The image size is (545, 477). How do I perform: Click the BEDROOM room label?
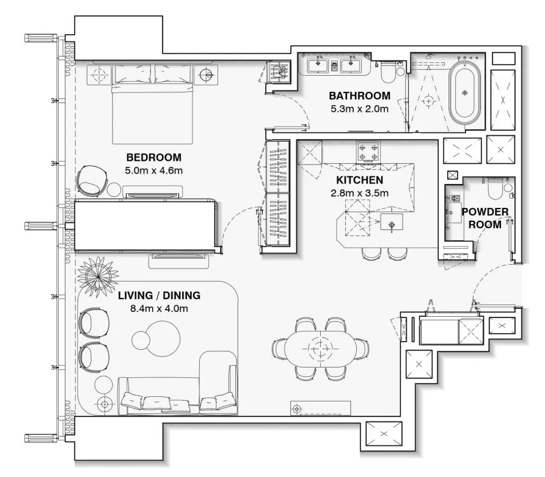coord(154,156)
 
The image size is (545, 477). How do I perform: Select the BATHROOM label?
coord(359,95)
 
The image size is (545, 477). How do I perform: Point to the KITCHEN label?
coord(359,180)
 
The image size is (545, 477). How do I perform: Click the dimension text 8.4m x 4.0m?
coord(159,309)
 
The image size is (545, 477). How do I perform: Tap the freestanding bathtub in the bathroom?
coord(466,92)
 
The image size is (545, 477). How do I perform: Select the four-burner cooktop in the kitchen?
coord(368,151)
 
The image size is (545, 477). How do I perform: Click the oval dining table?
coord(318,349)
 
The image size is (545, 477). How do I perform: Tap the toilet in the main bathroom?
coord(388,73)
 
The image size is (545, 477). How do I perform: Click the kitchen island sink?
coord(391,223)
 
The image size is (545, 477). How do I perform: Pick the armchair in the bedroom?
coord(92,180)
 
